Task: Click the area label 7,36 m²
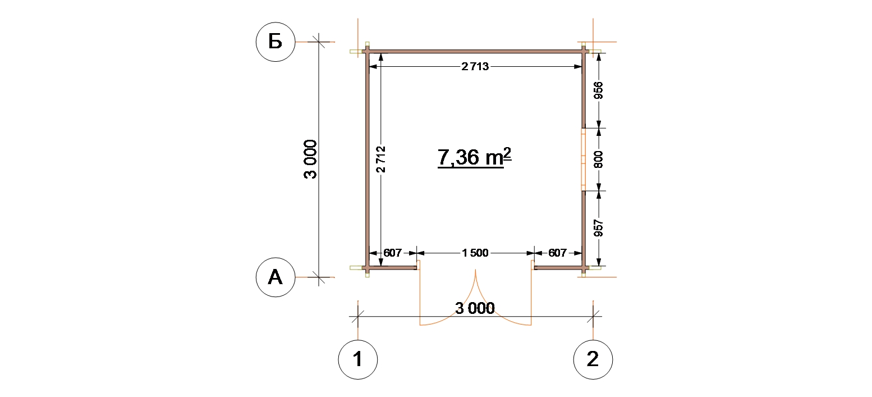pos(474,157)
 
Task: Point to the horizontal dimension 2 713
pos(475,67)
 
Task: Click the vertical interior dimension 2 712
pos(380,159)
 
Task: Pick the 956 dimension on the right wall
pos(598,90)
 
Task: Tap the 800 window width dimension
pos(598,159)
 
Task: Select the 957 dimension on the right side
pos(598,229)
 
